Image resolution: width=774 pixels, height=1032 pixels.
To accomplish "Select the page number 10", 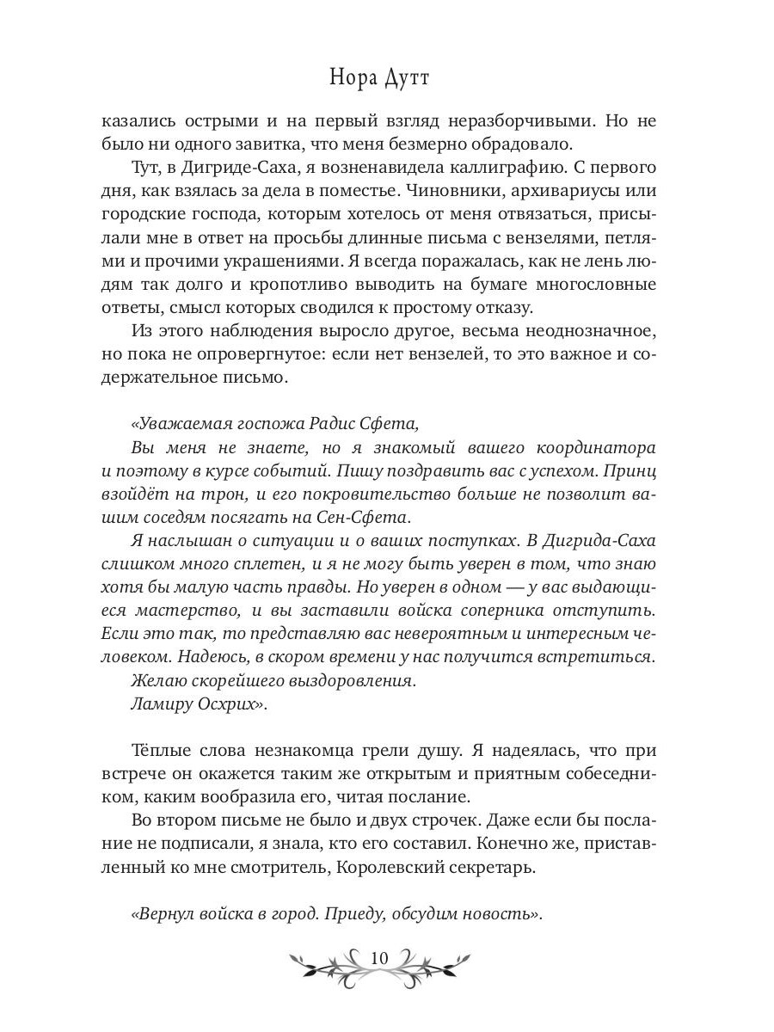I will pyautogui.click(x=380, y=958).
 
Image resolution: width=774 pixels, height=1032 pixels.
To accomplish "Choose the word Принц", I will pyautogui.click(x=630, y=470).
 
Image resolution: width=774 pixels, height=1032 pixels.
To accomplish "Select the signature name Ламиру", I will pyautogui.click(x=161, y=703).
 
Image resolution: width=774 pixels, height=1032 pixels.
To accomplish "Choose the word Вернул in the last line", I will pyautogui.click(x=161, y=913).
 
